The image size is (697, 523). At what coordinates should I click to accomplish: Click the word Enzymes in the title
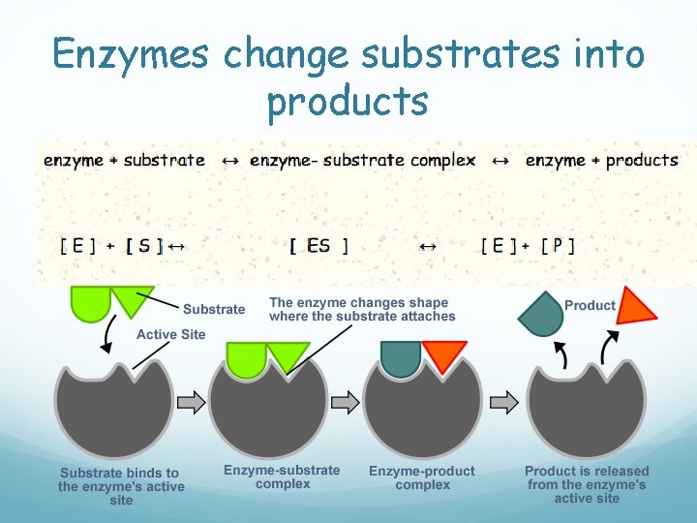point(131,54)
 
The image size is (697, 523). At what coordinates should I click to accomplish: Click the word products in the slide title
point(348,100)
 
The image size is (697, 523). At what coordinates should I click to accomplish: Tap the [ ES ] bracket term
point(318,246)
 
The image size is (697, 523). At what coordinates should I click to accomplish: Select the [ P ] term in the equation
point(558,246)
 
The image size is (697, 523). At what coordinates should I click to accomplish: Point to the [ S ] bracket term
point(144,246)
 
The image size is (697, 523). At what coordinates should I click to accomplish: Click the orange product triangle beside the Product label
point(636,307)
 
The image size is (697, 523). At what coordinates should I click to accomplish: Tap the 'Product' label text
point(590,305)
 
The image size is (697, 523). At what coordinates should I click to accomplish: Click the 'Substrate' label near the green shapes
point(214,309)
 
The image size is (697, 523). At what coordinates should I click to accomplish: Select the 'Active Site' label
point(171,334)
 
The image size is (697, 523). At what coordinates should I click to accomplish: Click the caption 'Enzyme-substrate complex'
point(283,477)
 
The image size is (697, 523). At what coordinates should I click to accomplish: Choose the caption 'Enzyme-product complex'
point(422,477)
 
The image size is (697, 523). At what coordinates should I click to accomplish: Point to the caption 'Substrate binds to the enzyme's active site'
point(121,486)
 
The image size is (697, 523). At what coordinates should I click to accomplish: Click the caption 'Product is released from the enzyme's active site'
point(587,484)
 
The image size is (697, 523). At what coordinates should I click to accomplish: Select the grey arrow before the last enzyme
point(503,400)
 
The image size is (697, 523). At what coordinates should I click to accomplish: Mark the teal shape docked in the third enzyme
point(401,355)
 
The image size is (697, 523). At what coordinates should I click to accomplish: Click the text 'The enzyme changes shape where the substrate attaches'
point(362,310)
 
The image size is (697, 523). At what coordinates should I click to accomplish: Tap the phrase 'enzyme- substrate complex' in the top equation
point(362,161)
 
